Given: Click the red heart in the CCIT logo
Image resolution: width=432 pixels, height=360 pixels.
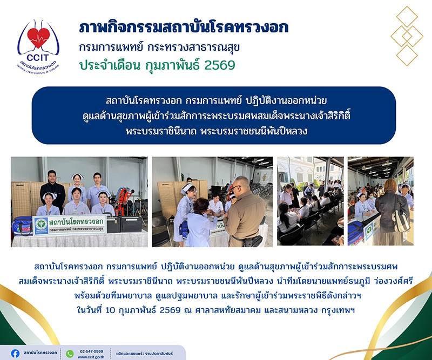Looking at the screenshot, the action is coord(38,37).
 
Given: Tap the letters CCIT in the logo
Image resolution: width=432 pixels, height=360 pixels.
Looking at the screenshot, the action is coord(38,58).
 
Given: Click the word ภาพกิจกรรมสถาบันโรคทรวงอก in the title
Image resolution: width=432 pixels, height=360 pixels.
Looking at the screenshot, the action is coord(184,28).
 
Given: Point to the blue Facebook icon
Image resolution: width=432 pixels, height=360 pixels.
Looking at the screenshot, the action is coord(15,354).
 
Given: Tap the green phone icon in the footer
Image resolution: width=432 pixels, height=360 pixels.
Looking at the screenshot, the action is coord(70,354).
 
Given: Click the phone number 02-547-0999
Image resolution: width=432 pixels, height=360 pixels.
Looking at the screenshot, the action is coord(91,351).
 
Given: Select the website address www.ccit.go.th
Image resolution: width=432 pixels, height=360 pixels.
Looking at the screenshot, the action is coord(91,357).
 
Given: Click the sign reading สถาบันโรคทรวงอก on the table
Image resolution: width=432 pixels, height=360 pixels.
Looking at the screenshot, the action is coord(70,225).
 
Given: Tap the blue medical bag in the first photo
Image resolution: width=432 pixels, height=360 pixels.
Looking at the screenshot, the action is coord(22,226).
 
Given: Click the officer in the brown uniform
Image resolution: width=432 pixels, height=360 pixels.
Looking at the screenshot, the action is coord(244,212).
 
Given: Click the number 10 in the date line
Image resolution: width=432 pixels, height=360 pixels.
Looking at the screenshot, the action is coord(110,310).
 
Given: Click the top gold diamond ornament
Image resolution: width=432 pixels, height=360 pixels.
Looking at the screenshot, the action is coord(407,17).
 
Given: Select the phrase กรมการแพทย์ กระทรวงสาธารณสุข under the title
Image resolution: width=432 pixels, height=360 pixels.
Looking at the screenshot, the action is coord(159,47).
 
